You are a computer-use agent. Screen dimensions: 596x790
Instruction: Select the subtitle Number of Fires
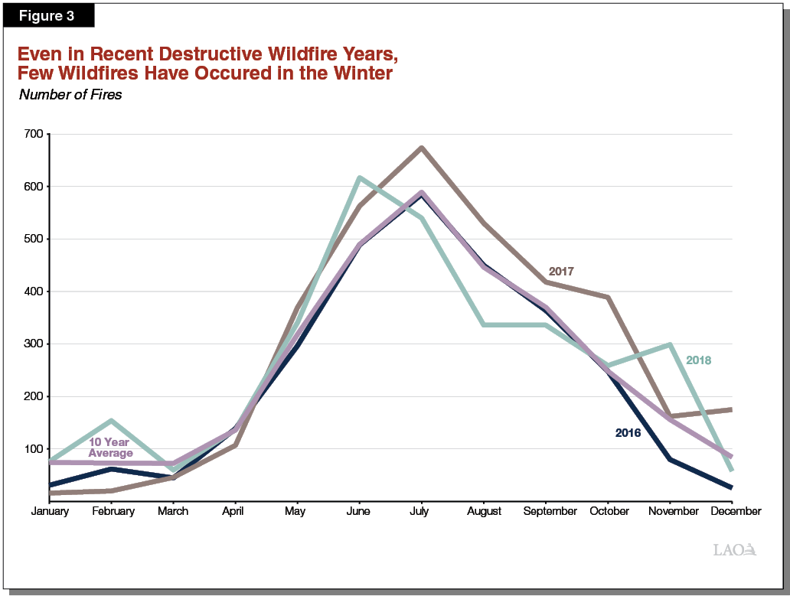click(70, 95)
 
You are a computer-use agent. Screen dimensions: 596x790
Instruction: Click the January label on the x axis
click(50, 511)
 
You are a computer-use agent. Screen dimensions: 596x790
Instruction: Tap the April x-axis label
click(233, 511)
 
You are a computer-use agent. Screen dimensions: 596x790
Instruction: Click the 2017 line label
click(561, 272)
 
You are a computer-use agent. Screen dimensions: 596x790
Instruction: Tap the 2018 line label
click(698, 360)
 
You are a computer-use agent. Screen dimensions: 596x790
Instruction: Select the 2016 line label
click(628, 433)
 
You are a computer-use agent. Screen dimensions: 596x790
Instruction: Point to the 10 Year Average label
click(110, 448)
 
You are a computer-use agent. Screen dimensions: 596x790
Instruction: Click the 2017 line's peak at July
click(421, 148)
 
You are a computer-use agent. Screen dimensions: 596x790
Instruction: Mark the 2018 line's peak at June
click(358, 177)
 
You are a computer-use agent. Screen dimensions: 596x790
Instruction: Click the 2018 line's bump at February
click(112, 420)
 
